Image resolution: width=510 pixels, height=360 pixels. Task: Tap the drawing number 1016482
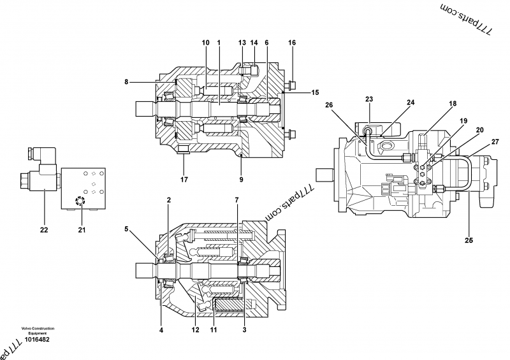coord(36,339)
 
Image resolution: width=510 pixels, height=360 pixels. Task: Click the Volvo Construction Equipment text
coord(36,331)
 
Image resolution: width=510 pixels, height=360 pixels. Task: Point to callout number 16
coord(292,43)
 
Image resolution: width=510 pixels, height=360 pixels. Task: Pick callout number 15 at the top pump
coord(315,93)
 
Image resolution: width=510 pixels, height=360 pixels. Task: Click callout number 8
coord(126,82)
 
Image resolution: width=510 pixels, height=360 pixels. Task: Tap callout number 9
coord(241,180)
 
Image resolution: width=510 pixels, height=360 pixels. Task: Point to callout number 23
coord(369,99)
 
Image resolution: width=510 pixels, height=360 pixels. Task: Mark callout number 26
coord(329,105)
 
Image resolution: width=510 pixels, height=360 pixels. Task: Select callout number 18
coord(452,103)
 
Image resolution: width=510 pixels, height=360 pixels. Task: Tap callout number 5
coord(126,229)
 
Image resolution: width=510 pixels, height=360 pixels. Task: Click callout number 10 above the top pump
coord(205,43)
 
